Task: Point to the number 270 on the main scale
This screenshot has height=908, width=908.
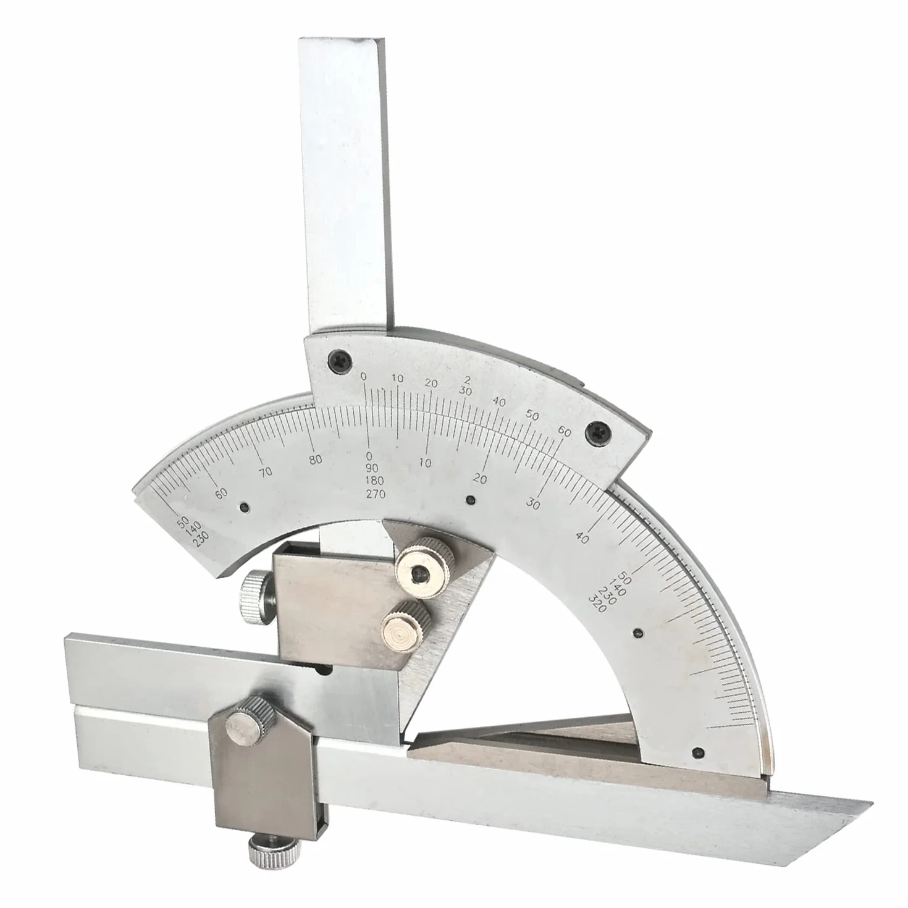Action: point(375,494)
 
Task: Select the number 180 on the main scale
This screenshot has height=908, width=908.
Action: point(375,481)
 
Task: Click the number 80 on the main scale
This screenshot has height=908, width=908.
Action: point(316,460)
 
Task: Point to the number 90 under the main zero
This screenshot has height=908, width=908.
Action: point(372,468)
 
